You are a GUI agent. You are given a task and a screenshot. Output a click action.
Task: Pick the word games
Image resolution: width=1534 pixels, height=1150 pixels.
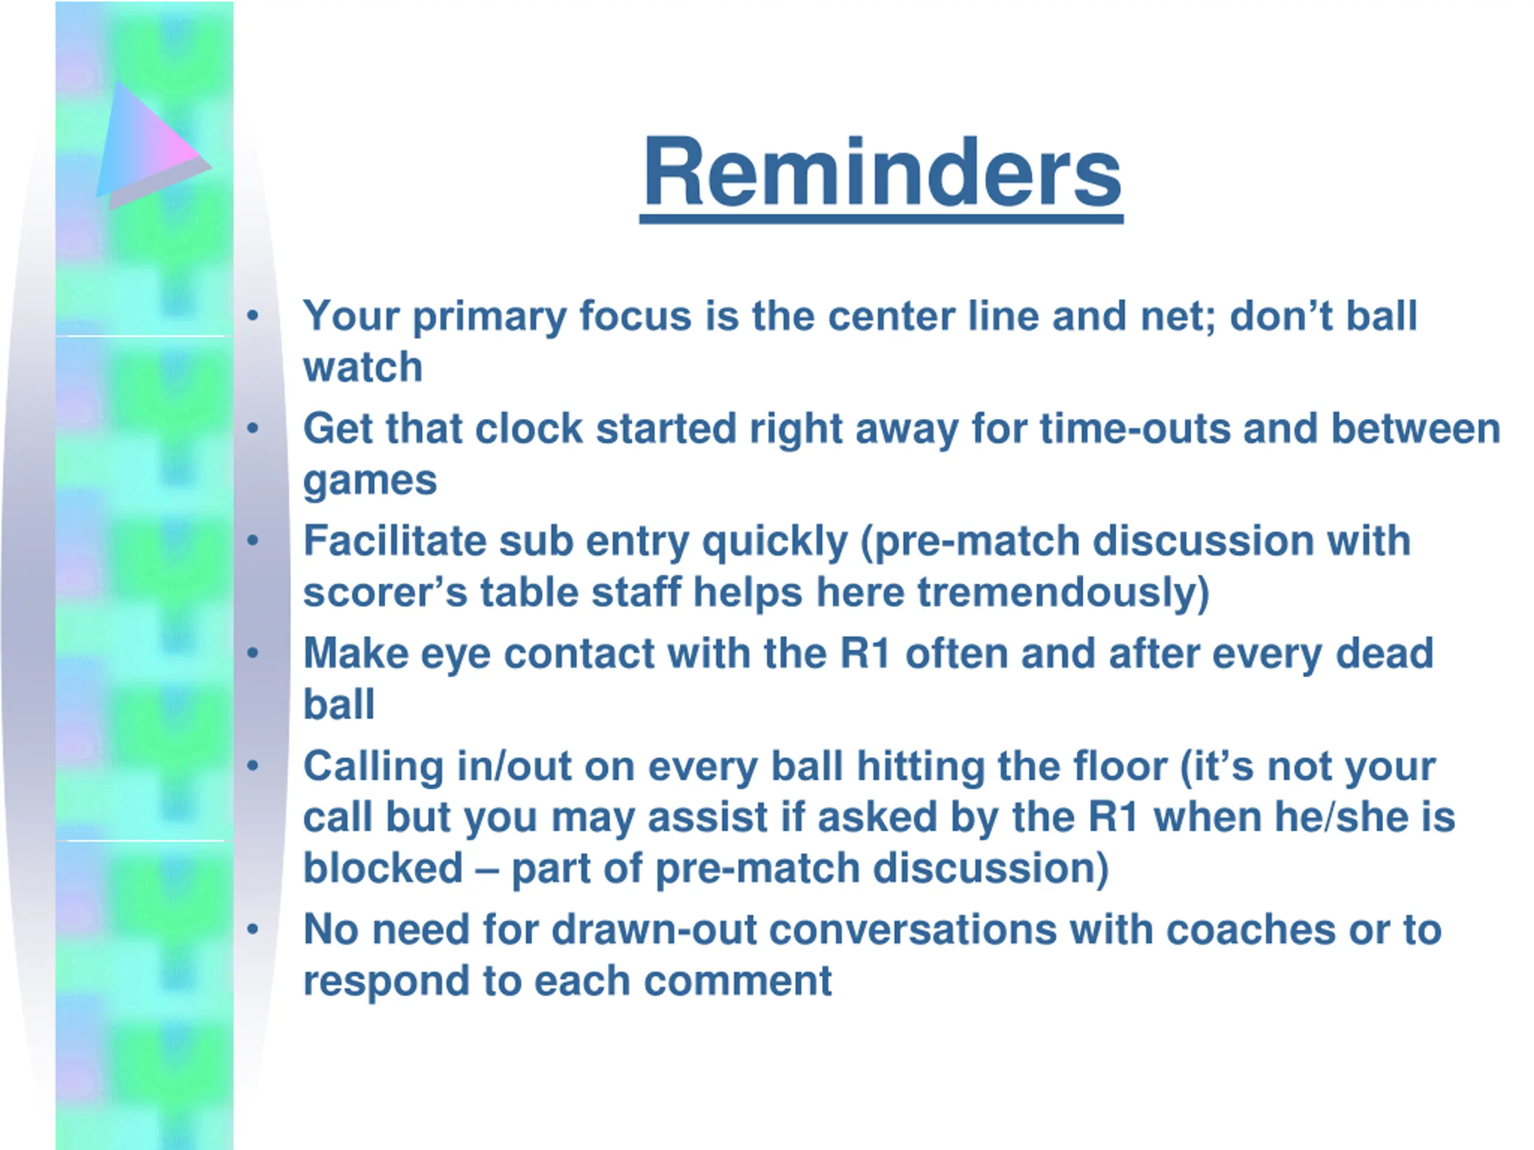pos(370,482)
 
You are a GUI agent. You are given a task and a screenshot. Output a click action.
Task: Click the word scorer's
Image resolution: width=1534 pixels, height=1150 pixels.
pos(385,594)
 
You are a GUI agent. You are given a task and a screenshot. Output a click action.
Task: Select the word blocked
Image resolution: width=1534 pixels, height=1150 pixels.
pos(383,868)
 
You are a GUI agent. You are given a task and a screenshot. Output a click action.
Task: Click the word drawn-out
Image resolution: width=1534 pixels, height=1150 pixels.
pos(654,930)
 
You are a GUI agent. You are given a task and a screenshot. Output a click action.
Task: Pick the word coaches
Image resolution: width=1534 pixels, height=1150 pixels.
pos(1251,931)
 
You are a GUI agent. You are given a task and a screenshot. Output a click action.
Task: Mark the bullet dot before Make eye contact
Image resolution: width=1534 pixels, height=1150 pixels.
pos(252,652)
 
